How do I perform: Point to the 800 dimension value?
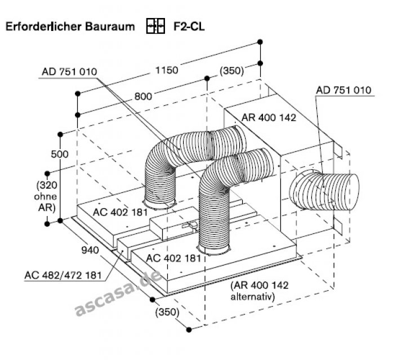click(143, 96)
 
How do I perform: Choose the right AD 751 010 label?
click(344, 90)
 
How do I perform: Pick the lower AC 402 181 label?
click(173, 258)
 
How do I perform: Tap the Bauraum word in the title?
click(111, 26)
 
